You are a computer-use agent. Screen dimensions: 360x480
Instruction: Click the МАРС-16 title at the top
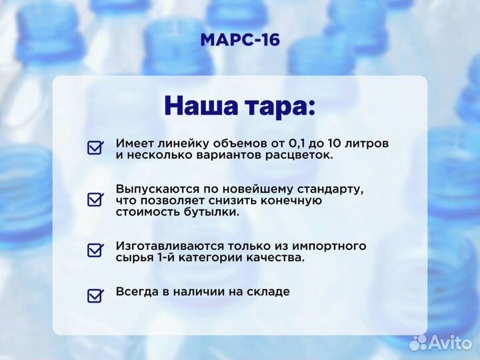[240, 40]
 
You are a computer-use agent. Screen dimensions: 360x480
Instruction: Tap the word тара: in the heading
[281, 107]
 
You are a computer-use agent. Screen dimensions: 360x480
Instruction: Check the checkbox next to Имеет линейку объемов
[95, 148]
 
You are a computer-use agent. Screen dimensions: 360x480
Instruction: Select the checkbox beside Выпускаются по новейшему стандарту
[95, 199]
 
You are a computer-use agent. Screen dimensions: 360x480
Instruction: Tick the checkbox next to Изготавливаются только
[95, 251]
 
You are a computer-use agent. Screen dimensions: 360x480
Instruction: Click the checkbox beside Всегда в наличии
[95, 295]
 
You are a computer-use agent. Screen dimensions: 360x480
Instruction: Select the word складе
[269, 291]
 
